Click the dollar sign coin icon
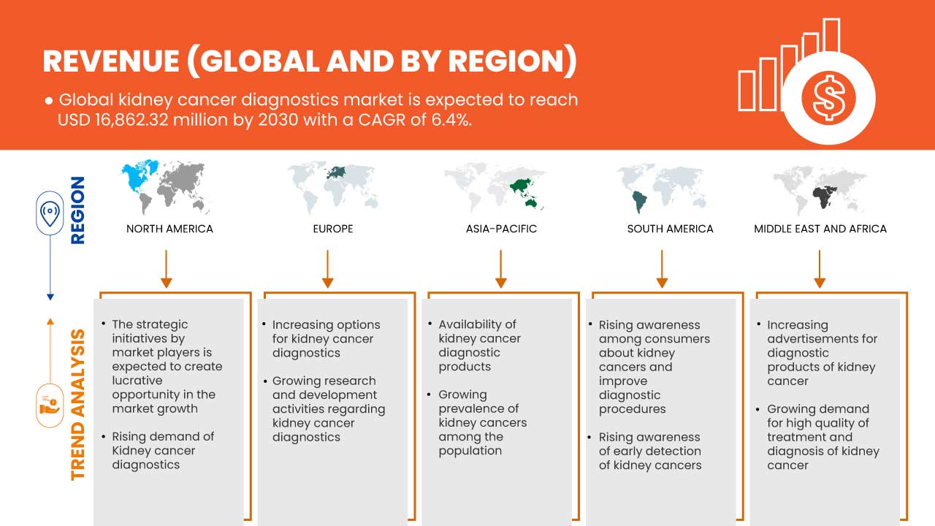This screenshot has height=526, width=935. coord(828,98)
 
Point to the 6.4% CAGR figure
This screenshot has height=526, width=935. coord(451,120)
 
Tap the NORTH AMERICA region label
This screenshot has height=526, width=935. coord(169,229)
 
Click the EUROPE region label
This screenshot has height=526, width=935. coord(332,229)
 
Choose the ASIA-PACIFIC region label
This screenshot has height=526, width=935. coord(501,229)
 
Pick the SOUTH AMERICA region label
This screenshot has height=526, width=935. coord(670,229)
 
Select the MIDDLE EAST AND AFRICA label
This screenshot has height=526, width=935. coord(820,229)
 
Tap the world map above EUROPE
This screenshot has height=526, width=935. coord(333,187)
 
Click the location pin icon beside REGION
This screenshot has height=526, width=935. coord(50,213)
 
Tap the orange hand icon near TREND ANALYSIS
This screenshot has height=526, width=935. coord(50,404)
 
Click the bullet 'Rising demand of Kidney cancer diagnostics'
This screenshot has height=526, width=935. coord(163,450)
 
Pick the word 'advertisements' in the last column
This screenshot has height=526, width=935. coord(822,338)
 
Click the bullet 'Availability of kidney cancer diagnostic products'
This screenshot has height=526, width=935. coord(479,346)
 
